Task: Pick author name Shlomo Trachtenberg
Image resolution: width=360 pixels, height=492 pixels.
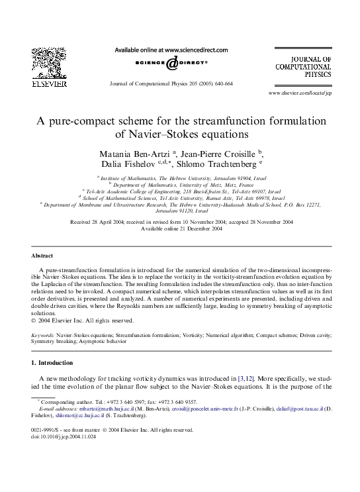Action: [x=216, y=164]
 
